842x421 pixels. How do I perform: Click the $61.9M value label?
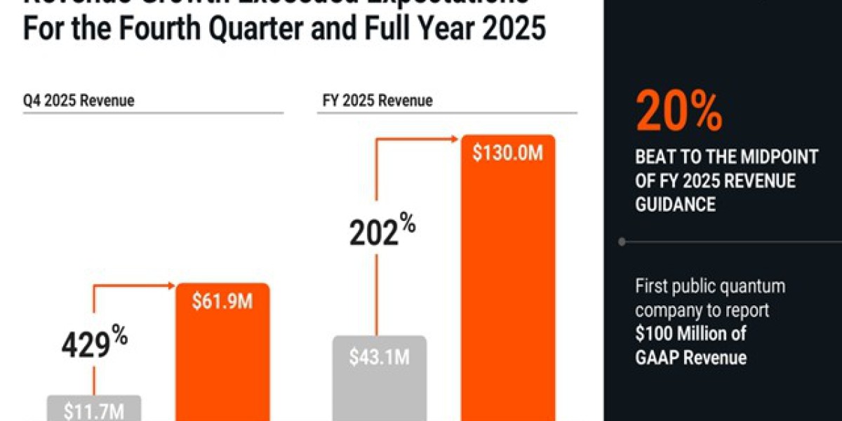click(x=222, y=304)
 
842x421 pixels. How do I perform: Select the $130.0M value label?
click(x=507, y=154)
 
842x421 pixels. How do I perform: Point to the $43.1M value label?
click(x=379, y=356)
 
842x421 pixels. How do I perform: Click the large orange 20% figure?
click(x=679, y=112)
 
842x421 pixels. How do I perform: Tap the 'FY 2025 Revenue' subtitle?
click(x=377, y=100)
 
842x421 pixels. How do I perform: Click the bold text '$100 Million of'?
click(x=692, y=333)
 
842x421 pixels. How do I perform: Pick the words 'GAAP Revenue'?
click(x=690, y=357)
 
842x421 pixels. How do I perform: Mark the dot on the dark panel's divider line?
click(x=622, y=241)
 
